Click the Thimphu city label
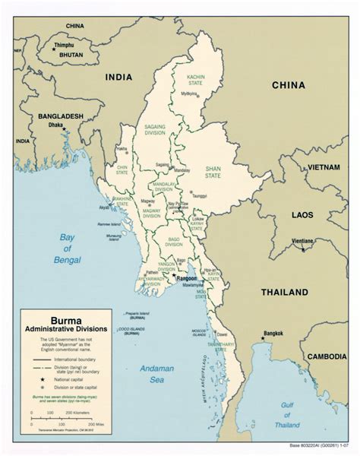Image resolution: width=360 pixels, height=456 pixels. click(x=64, y=45)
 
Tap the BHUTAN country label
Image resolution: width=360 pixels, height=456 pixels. click(x=67, y=56)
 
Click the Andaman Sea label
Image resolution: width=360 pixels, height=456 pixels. click(x=156, y=375)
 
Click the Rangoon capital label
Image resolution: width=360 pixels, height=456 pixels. click(x=188, y=279)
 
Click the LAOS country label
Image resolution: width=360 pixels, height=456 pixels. click(x=302, y=215)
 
